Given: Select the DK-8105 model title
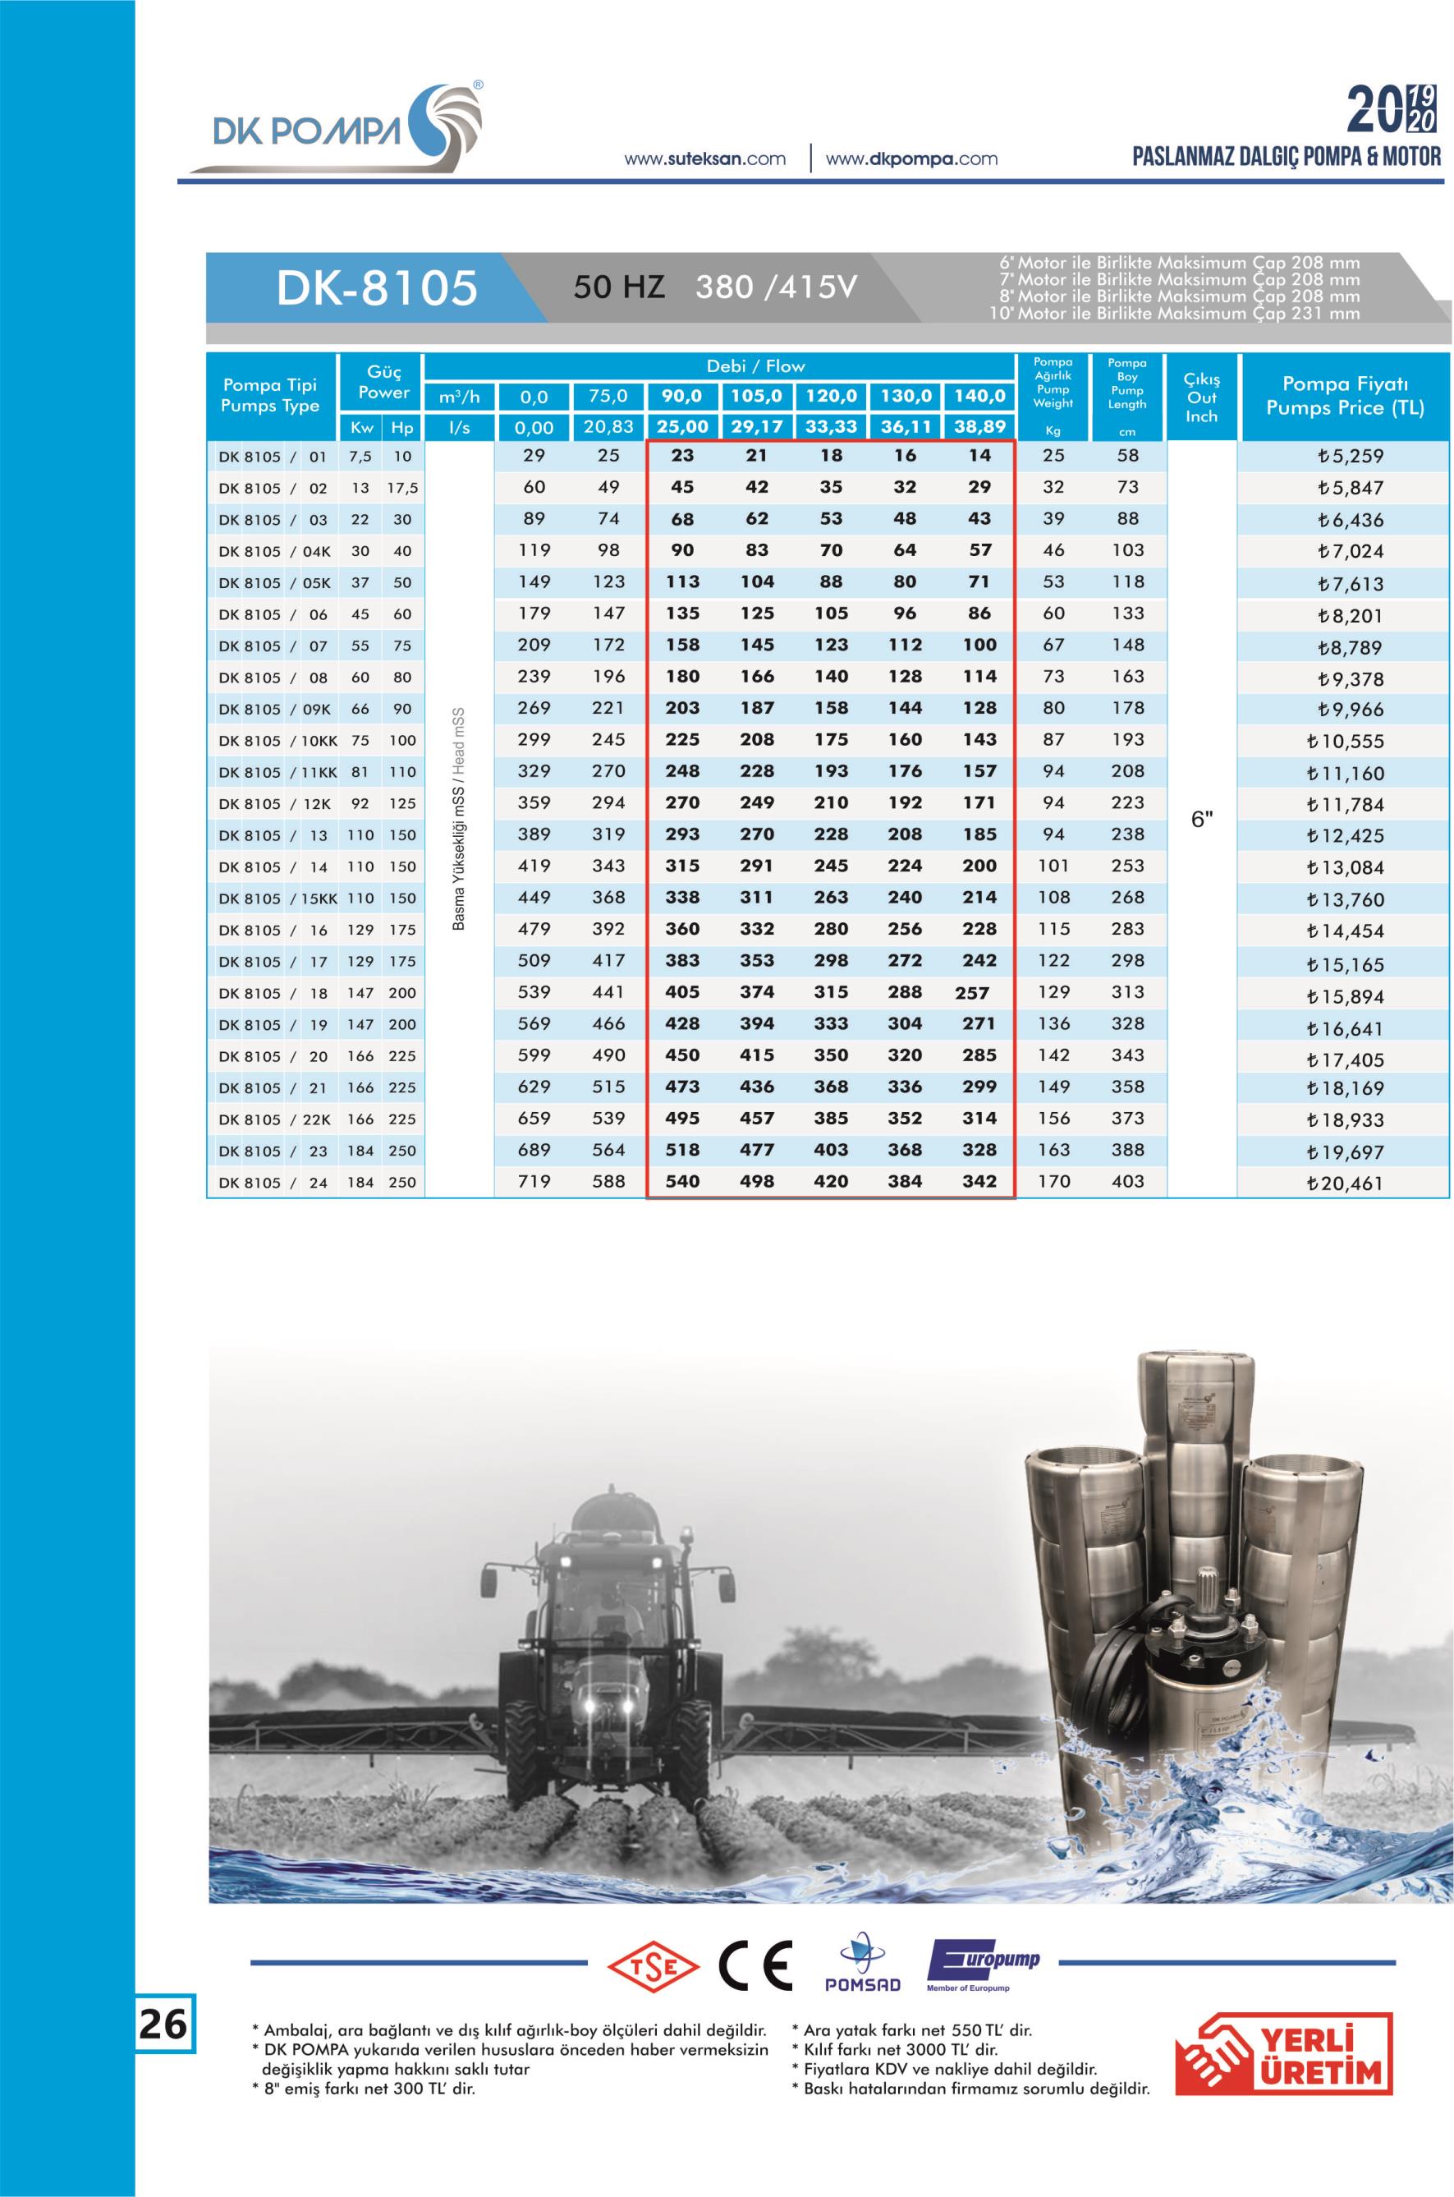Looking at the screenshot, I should [x=377, y=288].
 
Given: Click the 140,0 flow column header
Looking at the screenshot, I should [x=979, y=397].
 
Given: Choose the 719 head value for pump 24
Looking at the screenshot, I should [x=534, y=1182].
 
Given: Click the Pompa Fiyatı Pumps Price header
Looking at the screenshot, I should [x=1345, y=396].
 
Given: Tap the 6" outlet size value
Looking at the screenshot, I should [x=1202, y=820].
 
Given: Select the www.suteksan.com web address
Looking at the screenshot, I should [x=704, y=159].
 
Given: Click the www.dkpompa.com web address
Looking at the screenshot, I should [x=910, y=159].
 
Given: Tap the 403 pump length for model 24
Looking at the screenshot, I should [x=1127, y=1182].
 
